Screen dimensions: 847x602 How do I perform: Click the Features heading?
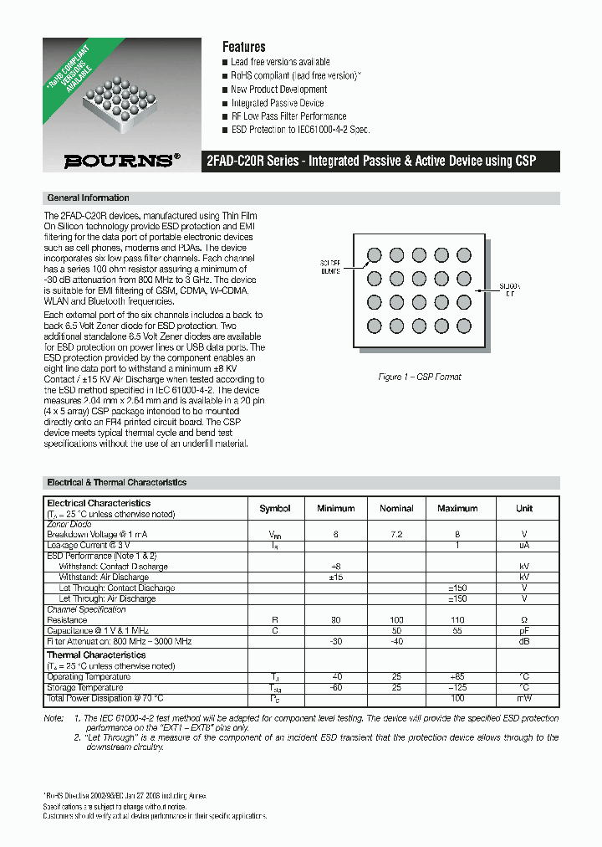pyautogui.click(x=243, y=48)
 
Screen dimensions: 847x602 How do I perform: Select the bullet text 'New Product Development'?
pyautogui.click(x=279, y=90)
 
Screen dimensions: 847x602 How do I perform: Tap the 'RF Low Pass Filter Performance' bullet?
pyautogui.click(x=288, y=116)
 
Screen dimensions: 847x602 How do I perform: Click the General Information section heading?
pyautogui.click(x=89, y=198)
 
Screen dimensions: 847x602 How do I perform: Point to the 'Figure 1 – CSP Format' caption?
pyautogui.click(x=420, y=377)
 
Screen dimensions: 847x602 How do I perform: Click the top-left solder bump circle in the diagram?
pyautogui.click(x=375, y=254)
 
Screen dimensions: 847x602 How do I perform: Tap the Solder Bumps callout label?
pyautogui.click(x=332, y=267)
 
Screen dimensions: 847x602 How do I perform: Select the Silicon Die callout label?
pyautogui.click(x=509, y=290)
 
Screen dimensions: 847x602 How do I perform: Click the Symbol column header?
pyautogui.click(x=275, y=508)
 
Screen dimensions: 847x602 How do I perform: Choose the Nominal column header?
pyautogui.click(x=396, y=508)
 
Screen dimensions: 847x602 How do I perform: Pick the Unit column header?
pyautogui.click(x=524, y=508)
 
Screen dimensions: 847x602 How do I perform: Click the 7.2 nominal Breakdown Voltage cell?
pyautogui.click(x=396, y=534)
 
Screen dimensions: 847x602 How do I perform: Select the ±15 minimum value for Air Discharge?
pyautogui.click(x=336, y=577)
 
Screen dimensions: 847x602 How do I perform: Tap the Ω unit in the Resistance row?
pyautogui.click(x=524, y=620)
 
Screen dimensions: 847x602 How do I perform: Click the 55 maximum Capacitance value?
pyautogui.click(x=457, y=631)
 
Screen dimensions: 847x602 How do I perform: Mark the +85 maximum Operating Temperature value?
pyautogui.click(x=457, y=677)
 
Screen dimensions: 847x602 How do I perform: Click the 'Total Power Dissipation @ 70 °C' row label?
pyautogui.click(x=105, y=698)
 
